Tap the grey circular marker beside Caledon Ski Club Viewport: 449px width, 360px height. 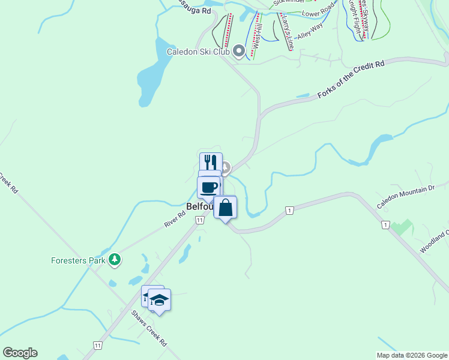click(239, 52)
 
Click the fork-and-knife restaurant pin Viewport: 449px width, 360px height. click(209, 161)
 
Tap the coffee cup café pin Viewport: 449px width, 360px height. click(208, 187)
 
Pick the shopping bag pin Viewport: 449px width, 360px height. click(225, 208)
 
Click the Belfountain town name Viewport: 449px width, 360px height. click(199, 206)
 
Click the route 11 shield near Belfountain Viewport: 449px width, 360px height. click(199, 220)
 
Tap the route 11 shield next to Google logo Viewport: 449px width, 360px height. click(97, 345)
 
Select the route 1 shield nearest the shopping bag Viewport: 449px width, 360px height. click(289, 210)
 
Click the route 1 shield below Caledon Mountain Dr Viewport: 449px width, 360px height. click(384, 224)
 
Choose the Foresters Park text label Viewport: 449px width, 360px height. click(77, 260)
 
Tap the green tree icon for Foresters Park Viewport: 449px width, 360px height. click(115, 260)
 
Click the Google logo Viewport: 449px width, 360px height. click(20, 353)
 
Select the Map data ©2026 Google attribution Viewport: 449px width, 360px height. click(412, 355)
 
